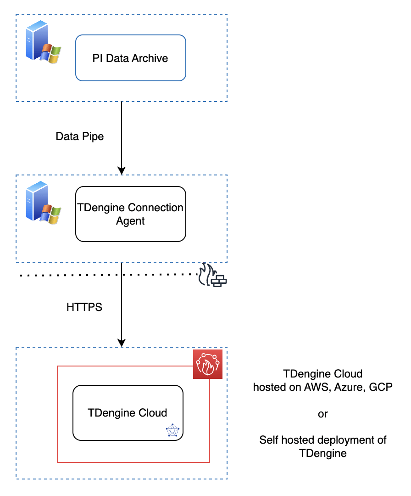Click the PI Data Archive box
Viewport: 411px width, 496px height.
pos(130,58)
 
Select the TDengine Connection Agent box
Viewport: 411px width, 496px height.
pos(130,214)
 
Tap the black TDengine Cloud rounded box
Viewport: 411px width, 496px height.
pos(128,412)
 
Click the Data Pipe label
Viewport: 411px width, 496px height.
pos(80,136)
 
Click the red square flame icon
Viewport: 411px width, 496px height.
pos(208,364)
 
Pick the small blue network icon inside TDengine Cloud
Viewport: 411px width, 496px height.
pos(172,430)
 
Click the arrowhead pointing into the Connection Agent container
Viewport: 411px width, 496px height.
pos(122,170)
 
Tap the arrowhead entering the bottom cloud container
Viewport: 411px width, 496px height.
pos(122,343)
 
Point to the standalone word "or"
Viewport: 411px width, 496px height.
pos(322,414)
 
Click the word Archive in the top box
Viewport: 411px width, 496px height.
pos(150,58)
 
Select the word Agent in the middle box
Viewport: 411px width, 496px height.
pos(130,221)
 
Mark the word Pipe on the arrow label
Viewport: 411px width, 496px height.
pos(93,136)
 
